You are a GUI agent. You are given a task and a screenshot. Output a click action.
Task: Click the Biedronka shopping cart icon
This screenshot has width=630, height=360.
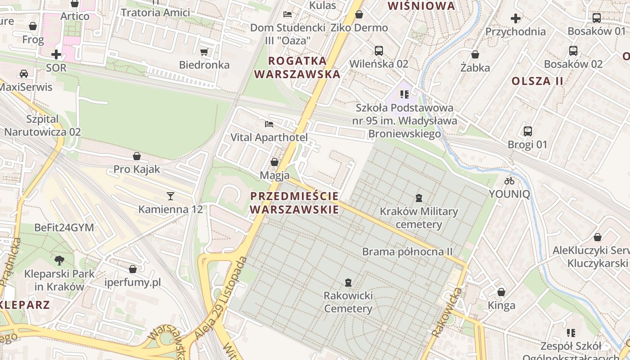click(204, 52)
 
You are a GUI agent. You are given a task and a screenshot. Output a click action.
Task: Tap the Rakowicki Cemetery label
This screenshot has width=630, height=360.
click(348, 302)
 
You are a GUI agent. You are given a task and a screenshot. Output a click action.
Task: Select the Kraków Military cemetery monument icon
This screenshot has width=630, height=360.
click(419, 198)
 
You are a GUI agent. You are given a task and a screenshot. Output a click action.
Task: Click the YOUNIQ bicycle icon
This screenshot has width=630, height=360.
click(509, 181)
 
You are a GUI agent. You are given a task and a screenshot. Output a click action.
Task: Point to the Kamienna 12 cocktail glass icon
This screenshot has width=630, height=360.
click(171, 196)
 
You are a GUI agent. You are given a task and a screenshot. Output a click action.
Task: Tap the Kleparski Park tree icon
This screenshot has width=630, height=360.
click(59, 260)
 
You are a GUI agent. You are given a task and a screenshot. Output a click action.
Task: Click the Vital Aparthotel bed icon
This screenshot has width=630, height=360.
click(269, 124)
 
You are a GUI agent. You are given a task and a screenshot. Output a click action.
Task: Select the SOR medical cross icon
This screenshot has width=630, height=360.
click(56, 54)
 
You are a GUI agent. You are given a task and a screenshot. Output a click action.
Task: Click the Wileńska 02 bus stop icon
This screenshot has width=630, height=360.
click(378, 50)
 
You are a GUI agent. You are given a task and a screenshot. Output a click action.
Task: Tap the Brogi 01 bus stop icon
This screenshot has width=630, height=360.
click(528, 131)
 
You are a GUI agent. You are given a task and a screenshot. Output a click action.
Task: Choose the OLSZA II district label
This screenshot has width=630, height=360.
click(537, 81)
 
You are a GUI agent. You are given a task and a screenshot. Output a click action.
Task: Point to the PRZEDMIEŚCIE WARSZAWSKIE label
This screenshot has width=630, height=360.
click(294, 203)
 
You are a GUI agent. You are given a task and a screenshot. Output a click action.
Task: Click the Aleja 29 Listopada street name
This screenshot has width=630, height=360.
click(222, 297)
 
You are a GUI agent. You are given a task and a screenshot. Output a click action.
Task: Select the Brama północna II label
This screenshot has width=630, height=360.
click(407, 252)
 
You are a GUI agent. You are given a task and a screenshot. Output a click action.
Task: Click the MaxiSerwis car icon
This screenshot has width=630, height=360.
click(23, 73)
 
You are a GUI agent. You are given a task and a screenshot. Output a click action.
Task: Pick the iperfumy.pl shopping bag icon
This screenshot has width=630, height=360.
click(133, 269)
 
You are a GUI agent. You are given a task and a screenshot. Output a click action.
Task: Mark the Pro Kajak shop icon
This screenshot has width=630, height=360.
click(137, 156)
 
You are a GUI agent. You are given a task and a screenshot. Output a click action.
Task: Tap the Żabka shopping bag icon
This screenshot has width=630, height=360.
click(475, 54)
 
